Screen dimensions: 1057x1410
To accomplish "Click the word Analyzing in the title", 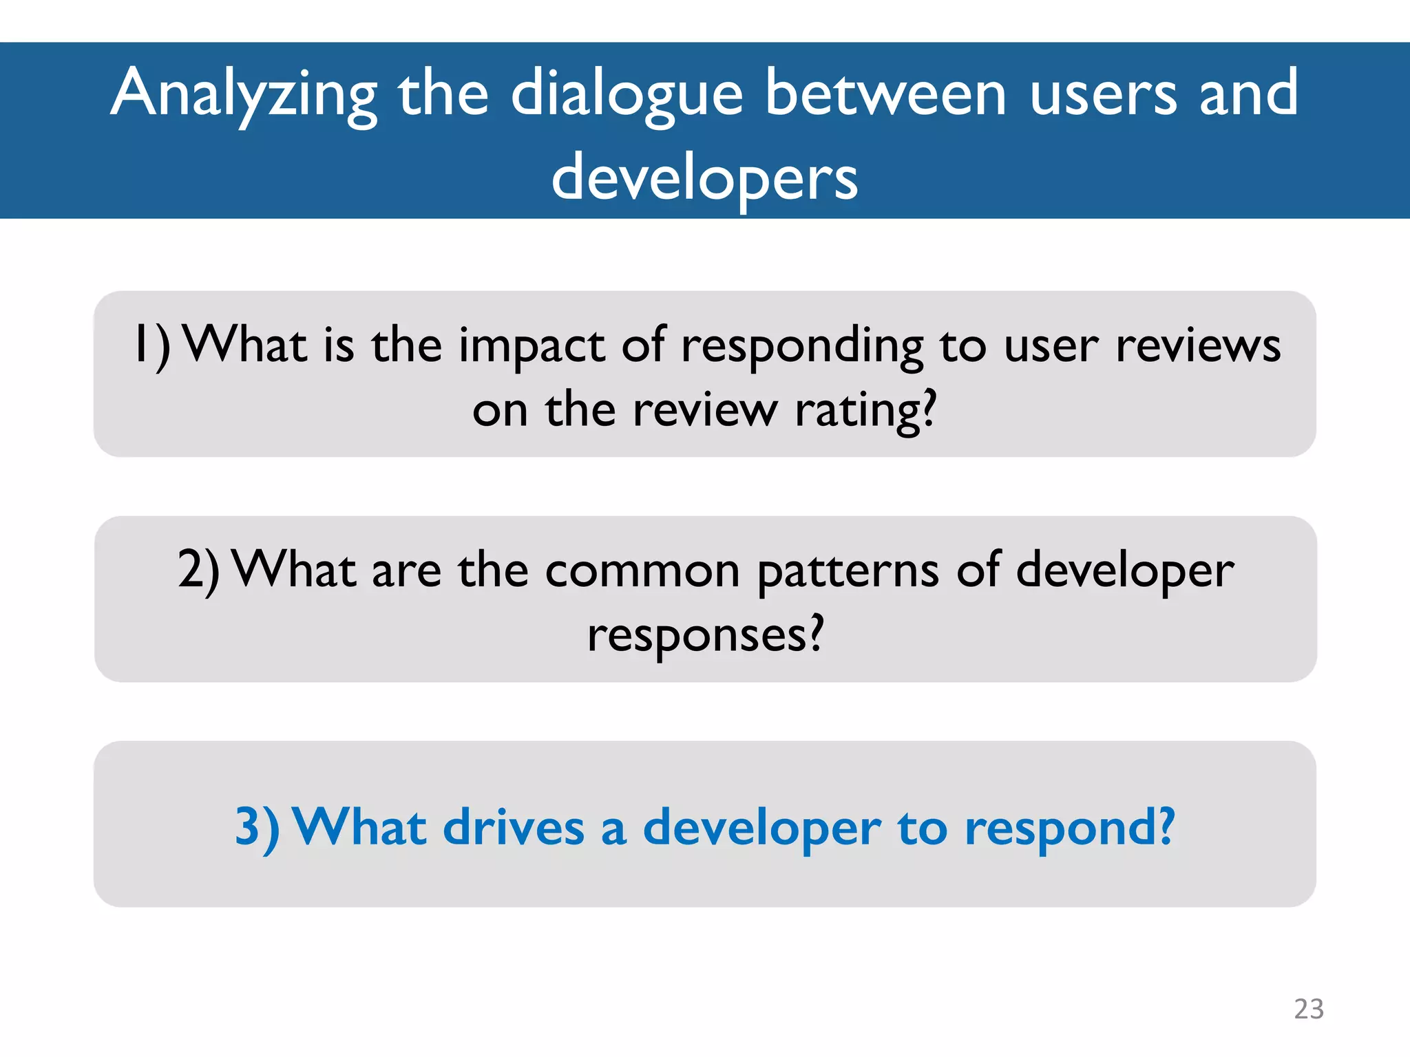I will (x=244, y=95).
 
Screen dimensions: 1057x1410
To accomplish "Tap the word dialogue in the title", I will (x=627, y=95).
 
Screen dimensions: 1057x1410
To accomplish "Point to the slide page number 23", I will (x=1308, y=1009).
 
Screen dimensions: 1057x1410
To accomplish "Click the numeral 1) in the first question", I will (x=151, y=345).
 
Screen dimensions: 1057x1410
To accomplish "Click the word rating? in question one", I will (x=865, y=410).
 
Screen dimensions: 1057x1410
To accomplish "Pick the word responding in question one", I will (x=802, y=345).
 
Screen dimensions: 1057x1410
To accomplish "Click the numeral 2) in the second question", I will (x=198, y=570).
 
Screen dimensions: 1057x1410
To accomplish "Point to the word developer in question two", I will (x=1125, y=570).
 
